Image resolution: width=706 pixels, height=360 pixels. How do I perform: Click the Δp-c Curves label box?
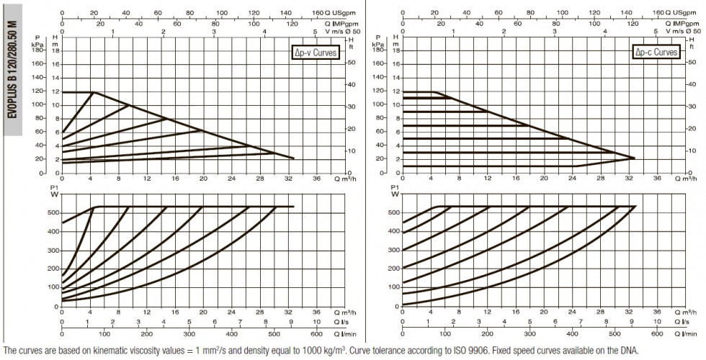pyautogui.click(x=656, y=52)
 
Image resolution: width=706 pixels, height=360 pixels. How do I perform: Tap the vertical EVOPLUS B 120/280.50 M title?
pyautogui.click(x=13, y=70)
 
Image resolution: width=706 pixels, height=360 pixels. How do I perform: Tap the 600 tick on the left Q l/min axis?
pyautogui.click(x=316, y=334)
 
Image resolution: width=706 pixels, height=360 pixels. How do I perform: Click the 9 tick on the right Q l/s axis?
pyautogui.click(x=632, y=322)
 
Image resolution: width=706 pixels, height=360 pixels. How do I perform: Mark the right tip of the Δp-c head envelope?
pyautogui.click(x=635, y=158)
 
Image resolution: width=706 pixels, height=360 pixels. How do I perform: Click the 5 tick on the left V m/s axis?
pyautogui.click(x=316, y=32)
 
